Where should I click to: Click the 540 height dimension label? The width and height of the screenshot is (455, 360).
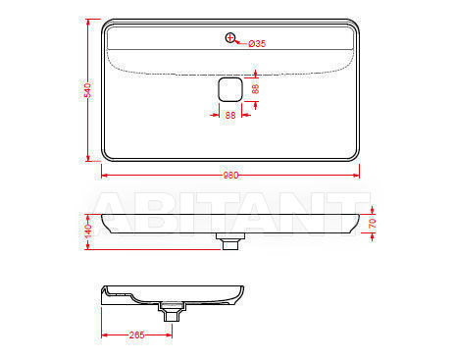click(87, 90)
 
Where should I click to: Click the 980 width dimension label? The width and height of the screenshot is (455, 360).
click(230, 176)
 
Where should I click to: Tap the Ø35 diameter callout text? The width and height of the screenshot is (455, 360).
click(257, 43)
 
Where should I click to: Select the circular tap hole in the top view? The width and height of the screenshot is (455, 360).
click(230, 37)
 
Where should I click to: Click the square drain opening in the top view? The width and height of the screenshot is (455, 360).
click(230, 89)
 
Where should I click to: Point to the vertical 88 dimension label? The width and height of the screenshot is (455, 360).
click(255, 89)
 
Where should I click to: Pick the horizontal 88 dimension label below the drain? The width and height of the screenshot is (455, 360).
click(230, 115)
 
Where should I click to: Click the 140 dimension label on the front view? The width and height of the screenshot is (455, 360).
click(87, 231)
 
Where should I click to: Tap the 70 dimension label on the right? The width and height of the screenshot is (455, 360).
click(373, 224)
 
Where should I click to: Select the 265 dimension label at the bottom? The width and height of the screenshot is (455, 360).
click(136, 334)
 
